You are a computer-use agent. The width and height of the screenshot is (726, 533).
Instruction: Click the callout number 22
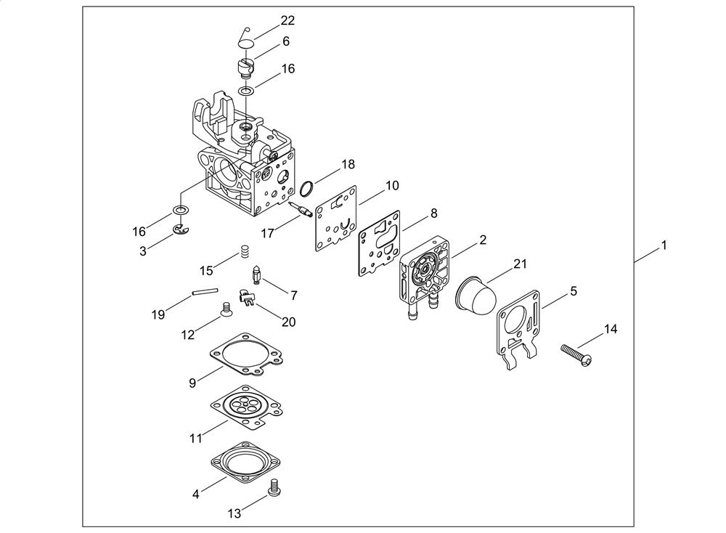coord(287,20)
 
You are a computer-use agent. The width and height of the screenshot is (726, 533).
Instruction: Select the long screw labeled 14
coord(576,356)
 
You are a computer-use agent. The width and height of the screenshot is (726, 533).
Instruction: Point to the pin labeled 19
coord(205,292)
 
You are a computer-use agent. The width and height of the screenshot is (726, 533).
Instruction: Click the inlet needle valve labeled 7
coord(256,275)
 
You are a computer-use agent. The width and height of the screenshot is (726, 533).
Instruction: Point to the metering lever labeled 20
coord(247,296)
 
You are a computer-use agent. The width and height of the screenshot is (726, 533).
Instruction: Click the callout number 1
coord(664,245)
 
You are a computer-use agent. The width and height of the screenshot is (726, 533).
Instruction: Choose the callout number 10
coord(392,186)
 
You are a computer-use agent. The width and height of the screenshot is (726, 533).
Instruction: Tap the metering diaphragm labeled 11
coord(247,407)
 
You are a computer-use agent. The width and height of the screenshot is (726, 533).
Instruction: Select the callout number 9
coord(192,383)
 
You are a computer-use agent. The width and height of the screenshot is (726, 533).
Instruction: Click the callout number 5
coord(574,291)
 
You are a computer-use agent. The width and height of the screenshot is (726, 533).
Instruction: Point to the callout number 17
coord(267,233)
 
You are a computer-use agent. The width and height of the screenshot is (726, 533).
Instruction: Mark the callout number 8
coord(433,213)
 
